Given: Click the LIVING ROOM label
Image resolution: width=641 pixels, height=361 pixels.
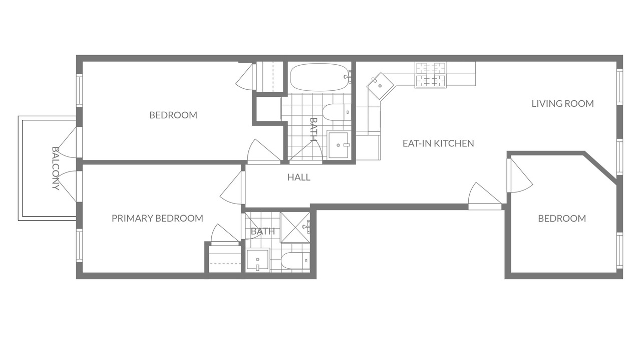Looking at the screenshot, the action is (x=562, y=103).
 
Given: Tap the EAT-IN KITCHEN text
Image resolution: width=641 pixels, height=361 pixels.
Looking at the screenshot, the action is (x=438, y=143).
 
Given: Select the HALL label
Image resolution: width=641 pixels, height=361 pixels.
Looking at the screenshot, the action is (x=299, y=177).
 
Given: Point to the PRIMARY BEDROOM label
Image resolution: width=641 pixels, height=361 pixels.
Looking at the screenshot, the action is (x=157, y=218).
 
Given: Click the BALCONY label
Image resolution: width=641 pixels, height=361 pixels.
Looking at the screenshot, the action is (x=56, y=168).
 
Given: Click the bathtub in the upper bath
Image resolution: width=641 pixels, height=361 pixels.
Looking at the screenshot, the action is (x=320, y=77).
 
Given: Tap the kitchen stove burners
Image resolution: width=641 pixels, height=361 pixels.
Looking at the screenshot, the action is (x=431, y=75).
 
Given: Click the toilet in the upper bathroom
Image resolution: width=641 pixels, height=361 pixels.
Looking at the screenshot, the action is (x=336, y=112).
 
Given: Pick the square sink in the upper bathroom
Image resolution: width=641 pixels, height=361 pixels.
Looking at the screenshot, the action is (x=338, y=145).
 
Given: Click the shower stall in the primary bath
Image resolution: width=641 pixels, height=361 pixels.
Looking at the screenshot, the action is (x=295, y=228).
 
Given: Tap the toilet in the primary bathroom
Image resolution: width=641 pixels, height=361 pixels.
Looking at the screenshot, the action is (x=295, y=260).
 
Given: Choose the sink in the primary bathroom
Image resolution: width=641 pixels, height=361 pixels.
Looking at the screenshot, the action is (x=258, y=260).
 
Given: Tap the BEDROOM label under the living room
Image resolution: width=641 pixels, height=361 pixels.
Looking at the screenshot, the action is (x=562, y=219).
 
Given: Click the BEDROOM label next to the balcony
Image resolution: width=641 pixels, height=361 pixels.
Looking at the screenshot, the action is (x=173, y=115).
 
